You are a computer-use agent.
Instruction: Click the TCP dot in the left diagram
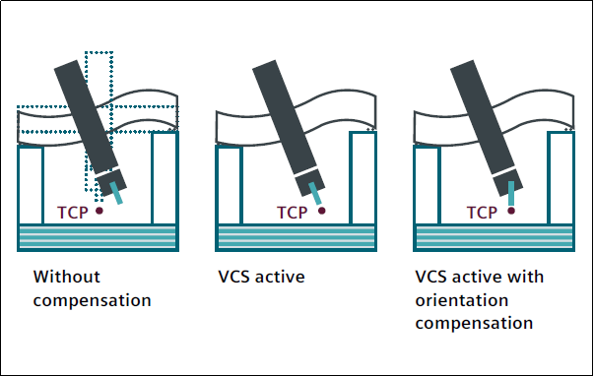point(99,211)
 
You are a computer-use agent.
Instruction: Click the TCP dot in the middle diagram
point(321,211)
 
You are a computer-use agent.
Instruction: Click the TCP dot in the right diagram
point(511,211)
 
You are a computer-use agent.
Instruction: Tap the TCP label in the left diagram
point(72,213)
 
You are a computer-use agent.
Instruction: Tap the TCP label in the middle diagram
point(293,213)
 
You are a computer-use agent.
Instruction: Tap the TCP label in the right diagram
point(482,213)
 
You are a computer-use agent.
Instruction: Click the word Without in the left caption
point(67,277)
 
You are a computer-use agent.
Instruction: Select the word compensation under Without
point(92,300)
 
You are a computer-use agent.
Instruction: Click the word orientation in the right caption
point(462,300)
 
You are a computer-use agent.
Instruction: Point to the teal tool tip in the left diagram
point(116,193)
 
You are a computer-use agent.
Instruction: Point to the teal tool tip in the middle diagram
point(315,193)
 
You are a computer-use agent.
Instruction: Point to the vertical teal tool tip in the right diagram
point(511,193)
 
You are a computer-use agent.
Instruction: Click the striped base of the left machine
point(99,237)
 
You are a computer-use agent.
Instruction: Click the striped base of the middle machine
point(296,237)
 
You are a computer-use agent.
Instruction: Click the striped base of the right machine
point(494,237)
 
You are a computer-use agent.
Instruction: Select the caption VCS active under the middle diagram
point(261,277)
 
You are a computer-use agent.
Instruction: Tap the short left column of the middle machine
point(229,185)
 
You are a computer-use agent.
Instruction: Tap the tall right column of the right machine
point(561,178)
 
